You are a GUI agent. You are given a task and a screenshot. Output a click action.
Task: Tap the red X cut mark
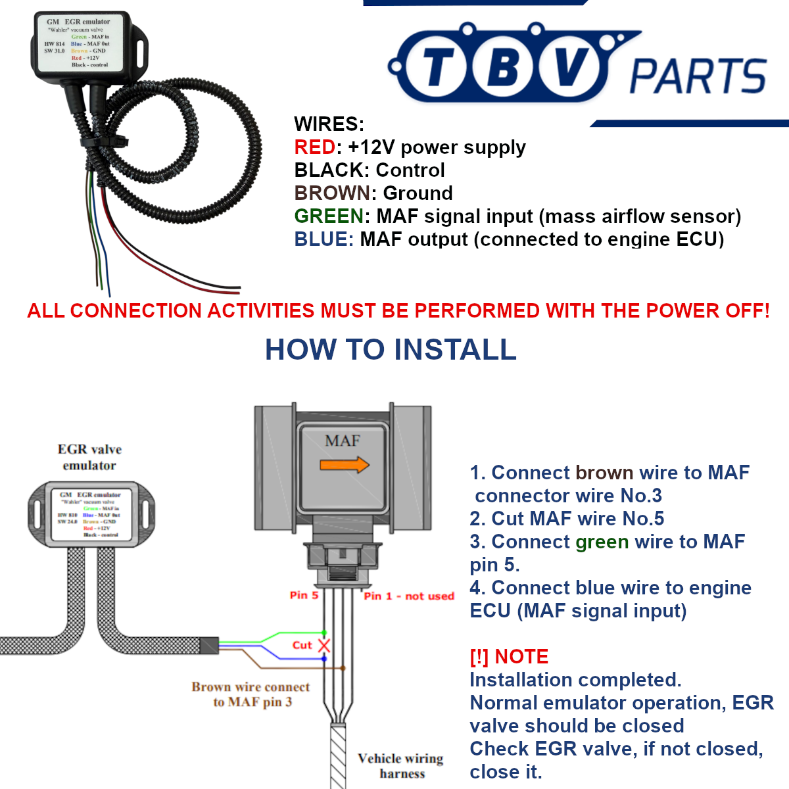324,645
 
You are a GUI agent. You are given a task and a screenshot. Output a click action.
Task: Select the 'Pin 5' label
304,595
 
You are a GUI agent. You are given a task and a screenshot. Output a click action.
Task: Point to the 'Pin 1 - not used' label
409,596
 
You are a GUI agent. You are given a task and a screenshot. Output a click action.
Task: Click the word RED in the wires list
315,147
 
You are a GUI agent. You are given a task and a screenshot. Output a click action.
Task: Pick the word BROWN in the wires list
333,193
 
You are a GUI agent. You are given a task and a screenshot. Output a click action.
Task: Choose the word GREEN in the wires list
329,216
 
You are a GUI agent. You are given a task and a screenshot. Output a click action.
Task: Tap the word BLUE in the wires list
321,239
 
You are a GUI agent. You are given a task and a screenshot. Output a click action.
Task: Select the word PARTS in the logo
698,76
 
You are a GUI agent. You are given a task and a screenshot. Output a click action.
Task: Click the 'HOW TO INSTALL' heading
391,350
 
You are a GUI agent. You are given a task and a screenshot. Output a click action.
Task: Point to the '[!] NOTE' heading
509,657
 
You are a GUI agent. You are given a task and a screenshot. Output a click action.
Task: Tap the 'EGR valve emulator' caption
89,457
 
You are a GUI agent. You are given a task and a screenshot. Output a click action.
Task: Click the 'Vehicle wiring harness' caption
401,766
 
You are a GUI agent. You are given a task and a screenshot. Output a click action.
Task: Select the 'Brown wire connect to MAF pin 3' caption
251,694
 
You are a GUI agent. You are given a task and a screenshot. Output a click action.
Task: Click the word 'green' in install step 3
602,542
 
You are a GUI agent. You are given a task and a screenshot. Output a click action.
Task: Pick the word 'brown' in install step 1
604,473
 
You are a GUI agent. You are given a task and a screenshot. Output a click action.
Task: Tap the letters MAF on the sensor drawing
343,441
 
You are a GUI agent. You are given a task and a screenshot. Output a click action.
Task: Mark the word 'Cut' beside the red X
302,645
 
